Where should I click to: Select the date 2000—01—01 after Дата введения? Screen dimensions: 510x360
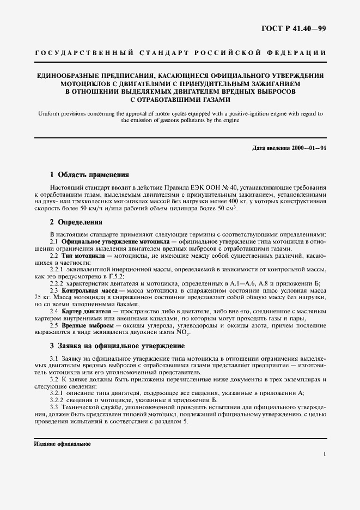click(309, 148)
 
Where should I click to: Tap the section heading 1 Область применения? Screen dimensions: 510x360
click(89, 175)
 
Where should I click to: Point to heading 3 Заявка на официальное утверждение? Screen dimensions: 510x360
click(117, 345)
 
